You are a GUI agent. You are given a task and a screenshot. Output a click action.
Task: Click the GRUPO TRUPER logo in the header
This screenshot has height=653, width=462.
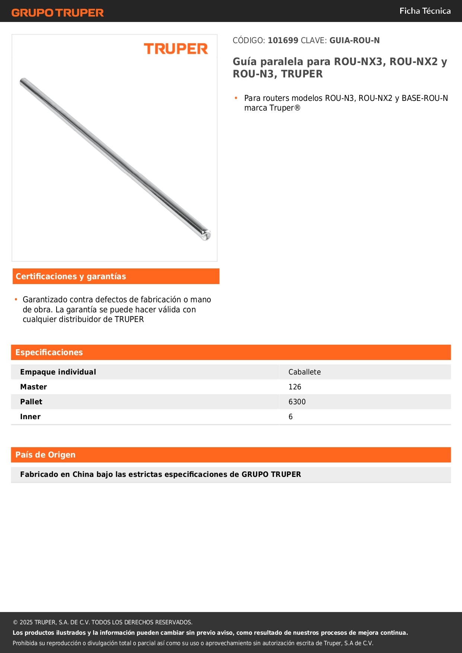(x=58, y=13)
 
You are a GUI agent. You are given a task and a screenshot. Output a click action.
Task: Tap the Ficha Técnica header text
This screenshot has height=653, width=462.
(x=425, y=11)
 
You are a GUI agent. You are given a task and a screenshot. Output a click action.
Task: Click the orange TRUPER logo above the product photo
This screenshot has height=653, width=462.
(x=176, y=49)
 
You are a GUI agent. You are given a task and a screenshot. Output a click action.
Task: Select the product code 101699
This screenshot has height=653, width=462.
(x=283, y=41)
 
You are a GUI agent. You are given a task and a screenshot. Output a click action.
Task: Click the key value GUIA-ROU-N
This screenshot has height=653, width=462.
(x=354, y=41)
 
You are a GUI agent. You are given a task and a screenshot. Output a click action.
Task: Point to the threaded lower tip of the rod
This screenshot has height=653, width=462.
(x=206, y=235)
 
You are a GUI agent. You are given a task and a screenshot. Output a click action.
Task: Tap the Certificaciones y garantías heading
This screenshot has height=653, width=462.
(x=71, y=276)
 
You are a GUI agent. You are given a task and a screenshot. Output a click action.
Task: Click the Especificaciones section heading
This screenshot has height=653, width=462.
(x=49, y=352)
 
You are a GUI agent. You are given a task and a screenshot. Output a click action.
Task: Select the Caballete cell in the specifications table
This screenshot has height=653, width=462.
(x=305, y=372)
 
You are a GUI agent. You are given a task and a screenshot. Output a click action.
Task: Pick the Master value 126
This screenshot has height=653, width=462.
(x=295, y=387)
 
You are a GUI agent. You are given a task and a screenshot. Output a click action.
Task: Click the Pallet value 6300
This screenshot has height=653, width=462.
(x=297, y=402)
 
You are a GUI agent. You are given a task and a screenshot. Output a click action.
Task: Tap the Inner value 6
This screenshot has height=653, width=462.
(x=291, y=417)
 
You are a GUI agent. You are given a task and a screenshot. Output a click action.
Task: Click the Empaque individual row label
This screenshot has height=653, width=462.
(x=58, y=372)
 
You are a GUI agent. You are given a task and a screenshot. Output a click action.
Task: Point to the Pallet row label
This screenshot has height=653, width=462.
(x=31, y=402)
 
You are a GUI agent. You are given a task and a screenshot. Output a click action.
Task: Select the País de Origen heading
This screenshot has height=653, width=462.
(x=45, y=455)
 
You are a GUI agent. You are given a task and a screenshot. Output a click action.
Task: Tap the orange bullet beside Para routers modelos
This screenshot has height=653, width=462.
(x=236, y=98)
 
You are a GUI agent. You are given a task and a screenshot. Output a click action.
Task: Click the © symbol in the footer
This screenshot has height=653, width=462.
(x=15, y=622)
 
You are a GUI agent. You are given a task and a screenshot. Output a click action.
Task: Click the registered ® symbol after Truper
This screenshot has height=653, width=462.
(x=297, y=108)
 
